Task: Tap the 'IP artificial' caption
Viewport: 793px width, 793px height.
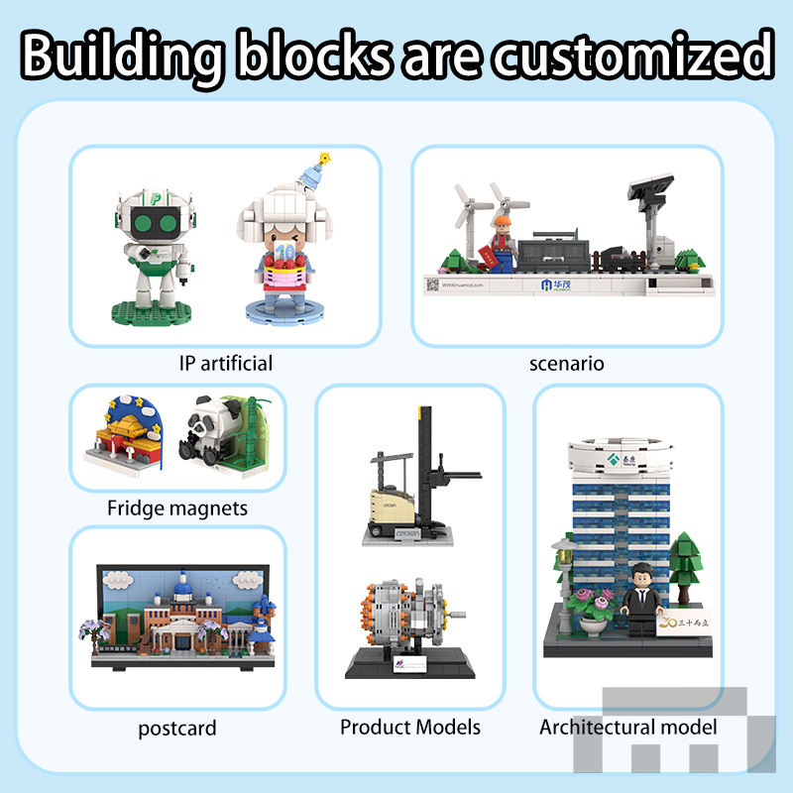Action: click(226, 363)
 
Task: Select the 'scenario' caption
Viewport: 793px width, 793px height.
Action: click(567, 363)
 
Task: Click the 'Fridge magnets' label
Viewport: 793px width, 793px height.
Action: click(177, 509)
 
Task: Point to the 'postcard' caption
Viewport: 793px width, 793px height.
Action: click(177, 730)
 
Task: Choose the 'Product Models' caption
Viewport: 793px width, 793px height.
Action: click(410, 727)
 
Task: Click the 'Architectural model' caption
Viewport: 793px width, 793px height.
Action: click(628, 727)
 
